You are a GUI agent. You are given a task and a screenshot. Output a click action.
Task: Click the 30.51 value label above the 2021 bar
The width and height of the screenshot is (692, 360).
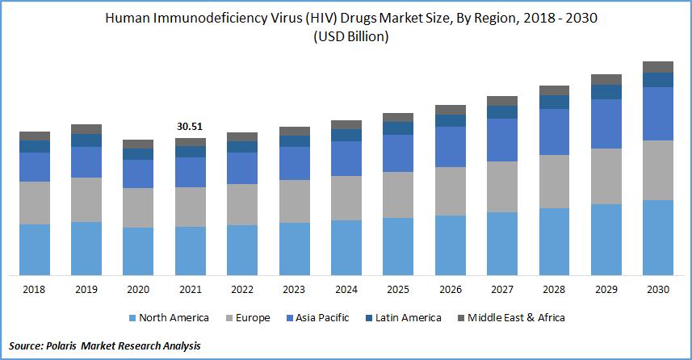(190, 127)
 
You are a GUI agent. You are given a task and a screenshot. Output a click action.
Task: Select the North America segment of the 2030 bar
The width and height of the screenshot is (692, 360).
(657, 237)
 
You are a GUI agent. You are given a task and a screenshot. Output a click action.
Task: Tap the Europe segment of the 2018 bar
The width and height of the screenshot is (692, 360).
(35, 203)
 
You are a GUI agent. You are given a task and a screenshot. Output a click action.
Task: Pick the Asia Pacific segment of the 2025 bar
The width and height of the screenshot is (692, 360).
(398, 153)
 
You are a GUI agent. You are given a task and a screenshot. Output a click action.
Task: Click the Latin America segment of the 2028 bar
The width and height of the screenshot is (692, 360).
(554, 102)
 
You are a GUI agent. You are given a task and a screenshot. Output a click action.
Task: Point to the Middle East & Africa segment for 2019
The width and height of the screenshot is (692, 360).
(86, 129)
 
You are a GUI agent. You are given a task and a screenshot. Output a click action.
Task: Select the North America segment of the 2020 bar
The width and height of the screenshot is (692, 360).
(138, 251)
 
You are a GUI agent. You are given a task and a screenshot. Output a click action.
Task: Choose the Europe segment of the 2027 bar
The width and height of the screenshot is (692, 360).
(501, 186)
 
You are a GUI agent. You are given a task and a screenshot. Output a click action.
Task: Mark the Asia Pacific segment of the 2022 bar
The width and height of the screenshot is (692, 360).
(242, 168)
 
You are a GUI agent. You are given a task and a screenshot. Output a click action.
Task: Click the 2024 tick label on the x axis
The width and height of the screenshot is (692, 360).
(346, 289)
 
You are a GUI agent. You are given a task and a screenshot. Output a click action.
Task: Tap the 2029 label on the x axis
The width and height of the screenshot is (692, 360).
(606, 289)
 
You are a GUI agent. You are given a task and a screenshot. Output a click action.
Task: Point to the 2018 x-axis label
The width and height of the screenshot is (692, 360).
(35, 289)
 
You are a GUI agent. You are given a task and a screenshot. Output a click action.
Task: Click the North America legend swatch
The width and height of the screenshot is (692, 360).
(131, 318)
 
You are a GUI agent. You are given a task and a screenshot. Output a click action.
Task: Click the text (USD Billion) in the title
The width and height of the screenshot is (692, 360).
(346, 37)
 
